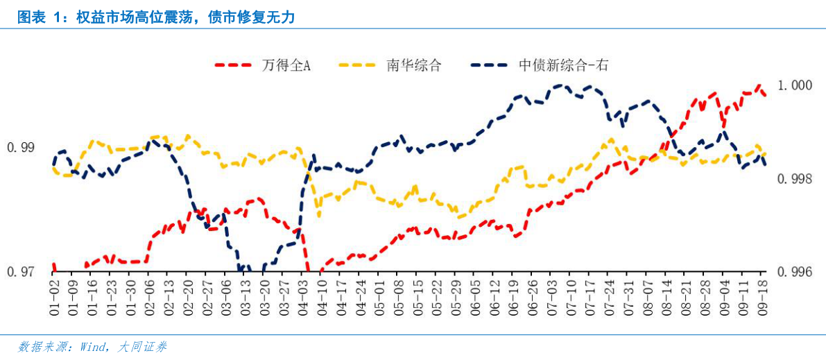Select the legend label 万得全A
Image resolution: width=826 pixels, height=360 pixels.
coord(286,65)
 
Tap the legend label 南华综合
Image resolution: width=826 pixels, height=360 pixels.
coord(413,65)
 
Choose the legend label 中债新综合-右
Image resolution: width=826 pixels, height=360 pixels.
coord(563,65)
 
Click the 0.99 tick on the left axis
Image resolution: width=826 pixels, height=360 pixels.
coord(20,148)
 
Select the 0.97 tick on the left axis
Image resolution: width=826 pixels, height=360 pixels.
coord(20,272)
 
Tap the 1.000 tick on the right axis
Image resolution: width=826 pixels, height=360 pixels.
coord(794,85)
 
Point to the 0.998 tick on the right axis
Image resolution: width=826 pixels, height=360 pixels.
coord(794,179)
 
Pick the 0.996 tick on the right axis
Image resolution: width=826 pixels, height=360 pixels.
coord(794,272)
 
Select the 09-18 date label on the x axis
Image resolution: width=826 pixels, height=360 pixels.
coord(762,295)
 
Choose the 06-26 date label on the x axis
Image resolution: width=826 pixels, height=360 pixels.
coord(532,295)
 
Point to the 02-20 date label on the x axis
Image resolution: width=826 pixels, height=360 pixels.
coord(187,295)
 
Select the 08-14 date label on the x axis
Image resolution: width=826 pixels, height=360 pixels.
coord(666,295)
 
